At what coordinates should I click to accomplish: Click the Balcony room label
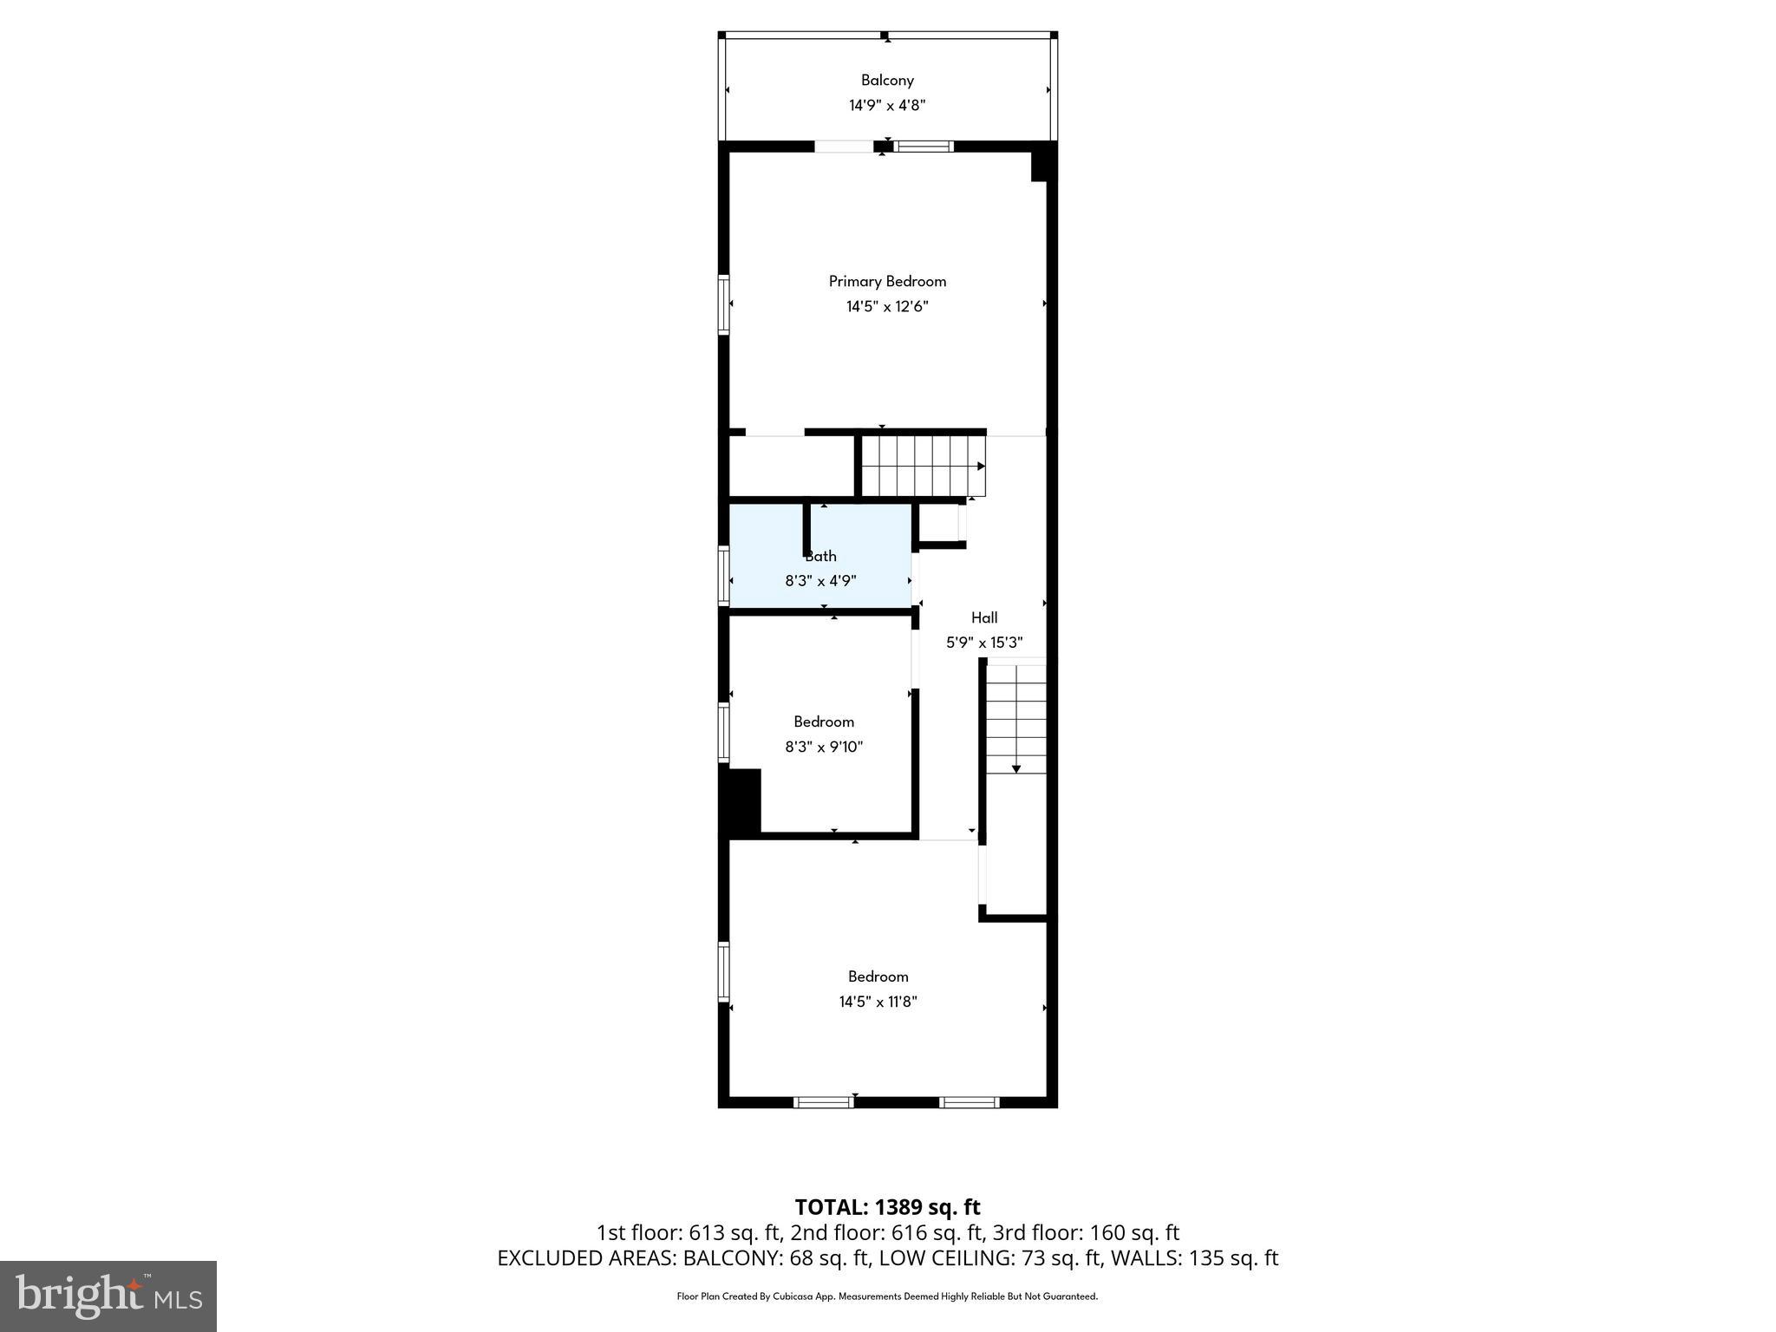[887, 80]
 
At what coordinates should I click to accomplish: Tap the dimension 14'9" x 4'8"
[887, 106]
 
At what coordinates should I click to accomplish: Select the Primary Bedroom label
[887, 281]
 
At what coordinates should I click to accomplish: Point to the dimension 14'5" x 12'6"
[887, 306]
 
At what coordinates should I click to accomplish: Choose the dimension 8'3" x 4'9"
[820, 581]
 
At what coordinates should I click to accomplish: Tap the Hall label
[983, 617]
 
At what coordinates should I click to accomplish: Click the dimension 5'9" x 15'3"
[983, 643]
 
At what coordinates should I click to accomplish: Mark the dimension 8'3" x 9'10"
[824, 747]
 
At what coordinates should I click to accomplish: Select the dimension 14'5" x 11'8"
[878, 1002]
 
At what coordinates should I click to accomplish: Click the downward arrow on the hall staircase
[1015, 767]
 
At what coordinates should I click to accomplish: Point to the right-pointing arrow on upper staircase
[981, 467]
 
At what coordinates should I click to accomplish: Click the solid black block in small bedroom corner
[742, 801]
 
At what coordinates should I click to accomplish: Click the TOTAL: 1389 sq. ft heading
[887, 1207]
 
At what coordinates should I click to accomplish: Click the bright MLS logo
[108, 1296]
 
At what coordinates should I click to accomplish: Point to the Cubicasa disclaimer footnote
[887, 1296]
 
